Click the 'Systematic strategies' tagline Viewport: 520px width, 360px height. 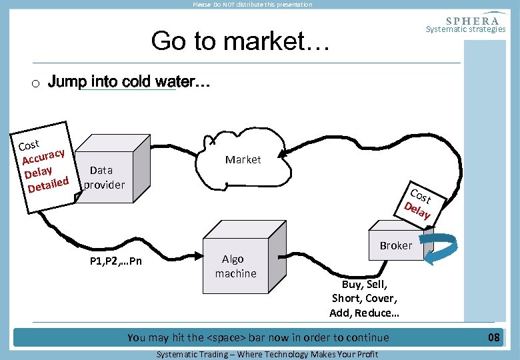click(465, 29)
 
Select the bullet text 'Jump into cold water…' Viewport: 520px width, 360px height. click(129, 83)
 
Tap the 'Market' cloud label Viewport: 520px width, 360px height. click(243, 159)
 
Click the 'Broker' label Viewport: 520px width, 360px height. click(396, 245)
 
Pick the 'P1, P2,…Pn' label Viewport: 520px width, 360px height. click(115, 261)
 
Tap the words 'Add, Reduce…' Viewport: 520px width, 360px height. click(364, 313)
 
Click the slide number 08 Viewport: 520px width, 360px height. click(493, 337)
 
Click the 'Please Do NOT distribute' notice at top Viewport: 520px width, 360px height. click(252, 5)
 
